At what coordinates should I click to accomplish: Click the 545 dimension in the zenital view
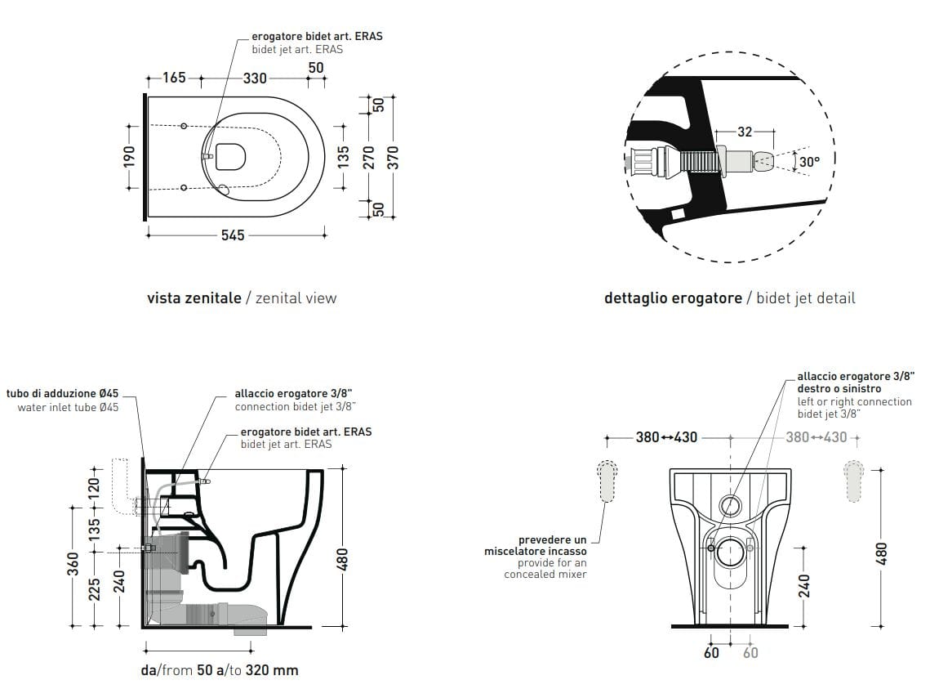click(x=233, y=235)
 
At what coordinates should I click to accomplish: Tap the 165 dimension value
click(x=174, y=78)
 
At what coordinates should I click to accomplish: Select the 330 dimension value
click(x=256, y=78)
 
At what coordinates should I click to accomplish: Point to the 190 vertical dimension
click(x=129, y=156)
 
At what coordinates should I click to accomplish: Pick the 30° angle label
click(x=809, y=162)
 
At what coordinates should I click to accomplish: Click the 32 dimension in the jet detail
click(x=744, y=131)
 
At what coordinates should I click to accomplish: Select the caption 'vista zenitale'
click(x=194, y=298)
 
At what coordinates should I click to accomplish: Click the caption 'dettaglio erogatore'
click(x=673, y=298)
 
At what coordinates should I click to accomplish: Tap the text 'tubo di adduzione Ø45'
click(x=62, y=394)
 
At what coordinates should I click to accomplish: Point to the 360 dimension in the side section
click(x=73, y=563)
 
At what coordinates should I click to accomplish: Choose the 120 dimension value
click(x=95, y=491)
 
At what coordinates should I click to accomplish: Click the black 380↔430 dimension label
click(x=666, y=437)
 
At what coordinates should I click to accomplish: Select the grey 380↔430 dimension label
click(x=817, y=437)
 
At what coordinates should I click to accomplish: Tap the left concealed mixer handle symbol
click(x=607, y=481)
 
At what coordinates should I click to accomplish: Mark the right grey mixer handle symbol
click(x=853, y=481)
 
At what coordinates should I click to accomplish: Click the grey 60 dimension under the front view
click(x=750, y=652)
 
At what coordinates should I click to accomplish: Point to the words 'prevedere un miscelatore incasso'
click(x=552, y=546)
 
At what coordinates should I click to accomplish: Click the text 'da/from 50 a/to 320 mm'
click(x=220, y=670)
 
